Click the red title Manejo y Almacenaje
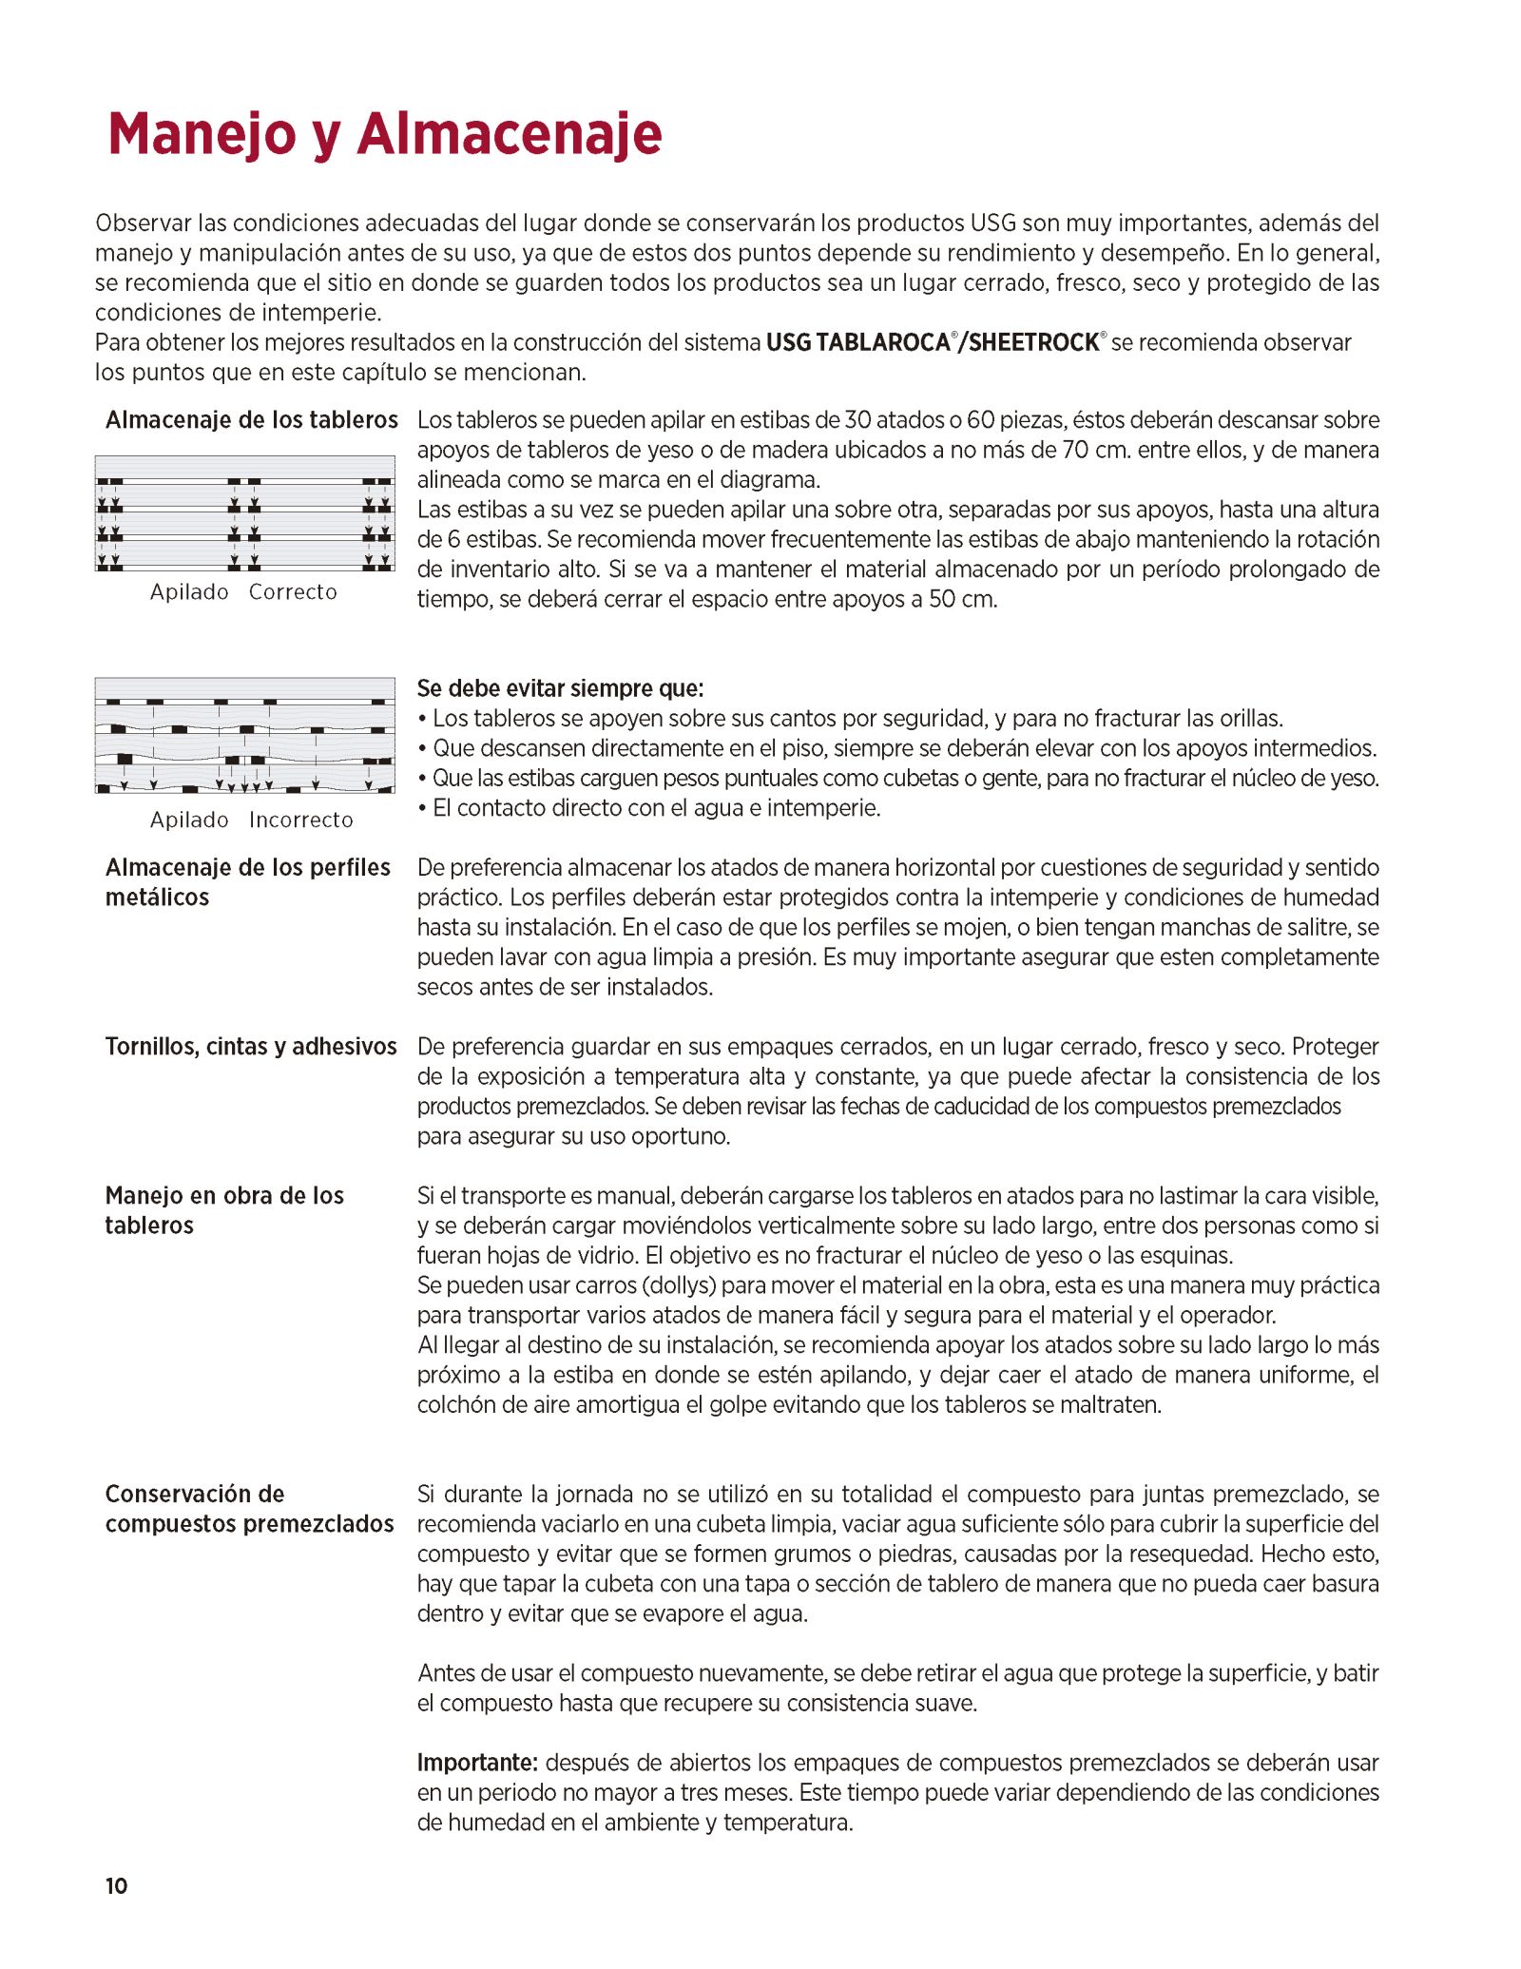(384, 134)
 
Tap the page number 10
(116, 1885)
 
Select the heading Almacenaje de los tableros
(251, 419)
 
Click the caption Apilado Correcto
(243, 591)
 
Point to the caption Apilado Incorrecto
(251, 820)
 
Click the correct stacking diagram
(244, 513)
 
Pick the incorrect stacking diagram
(244, 735)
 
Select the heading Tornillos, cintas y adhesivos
(251, 1046)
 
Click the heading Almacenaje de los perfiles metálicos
(247, 881)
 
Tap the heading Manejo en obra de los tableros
(224, 1209)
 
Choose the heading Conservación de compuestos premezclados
(249, 1508)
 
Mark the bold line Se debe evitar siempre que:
(560, 687)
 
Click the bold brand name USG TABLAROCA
(857, 342)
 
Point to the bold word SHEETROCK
(1033, 342)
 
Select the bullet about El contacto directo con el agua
(656, 807)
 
